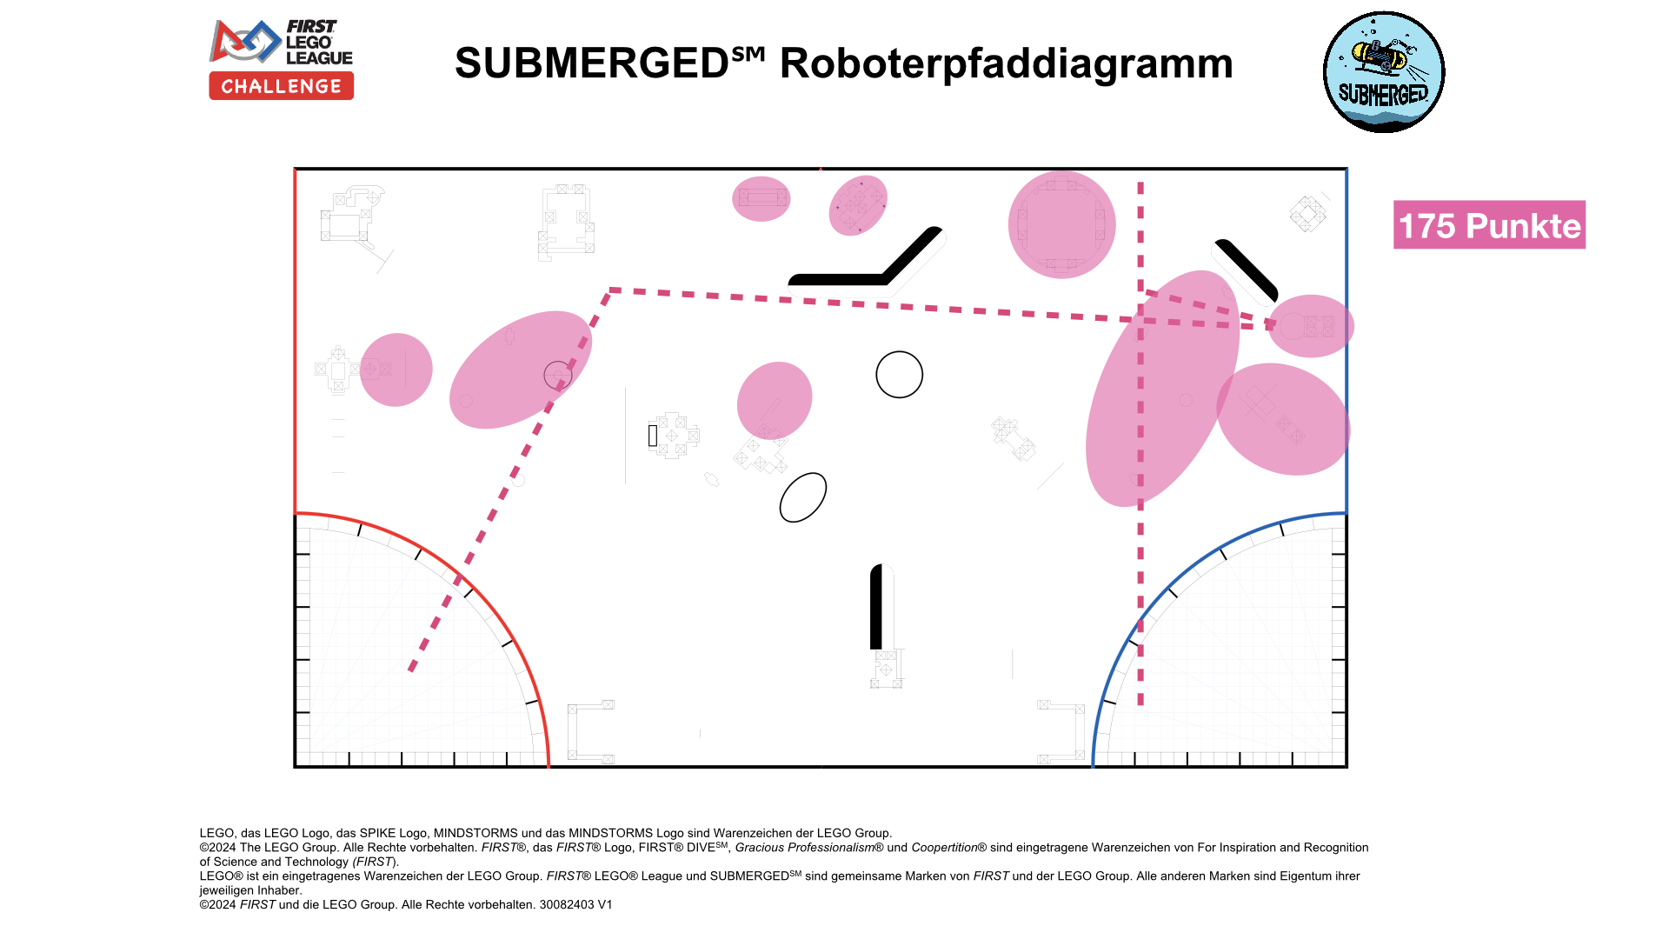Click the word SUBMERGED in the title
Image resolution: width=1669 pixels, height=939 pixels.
point(591,63)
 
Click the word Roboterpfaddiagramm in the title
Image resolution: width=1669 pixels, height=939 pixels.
point(1006,63)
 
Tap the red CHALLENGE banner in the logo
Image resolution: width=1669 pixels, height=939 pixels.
point(281,86)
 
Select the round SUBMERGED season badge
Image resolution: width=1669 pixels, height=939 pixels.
point(1383,72)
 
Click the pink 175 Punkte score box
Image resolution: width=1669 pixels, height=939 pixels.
point(1488,225)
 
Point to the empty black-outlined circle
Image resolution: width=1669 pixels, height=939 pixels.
point(899,375)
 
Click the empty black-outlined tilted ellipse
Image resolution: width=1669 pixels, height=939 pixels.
point(802,497)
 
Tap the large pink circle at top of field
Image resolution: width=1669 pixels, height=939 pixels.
point(1061,224)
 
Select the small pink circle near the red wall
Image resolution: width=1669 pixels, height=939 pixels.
point(396,370)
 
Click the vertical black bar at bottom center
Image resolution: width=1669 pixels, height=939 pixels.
point(876,607)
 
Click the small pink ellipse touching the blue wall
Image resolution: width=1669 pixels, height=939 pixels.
point(1311,326)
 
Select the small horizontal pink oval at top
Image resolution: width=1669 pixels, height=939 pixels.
point(761,199)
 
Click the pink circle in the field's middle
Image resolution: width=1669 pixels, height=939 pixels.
point(774,400)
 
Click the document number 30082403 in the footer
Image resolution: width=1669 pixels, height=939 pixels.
point(567,904)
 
